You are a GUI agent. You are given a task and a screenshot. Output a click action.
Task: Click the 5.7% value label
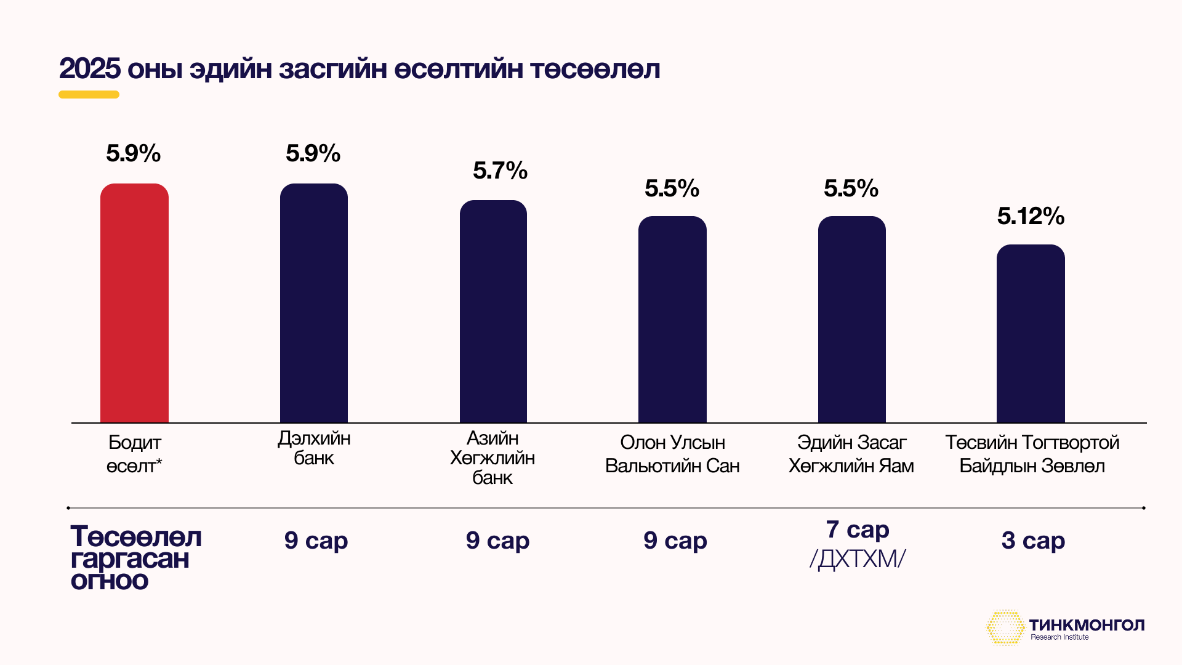[x=500, y=171]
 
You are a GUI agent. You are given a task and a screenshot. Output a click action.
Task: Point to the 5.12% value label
[x=1031, y=216]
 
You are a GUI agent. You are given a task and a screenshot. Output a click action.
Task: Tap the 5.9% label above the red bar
[x=133, y=153]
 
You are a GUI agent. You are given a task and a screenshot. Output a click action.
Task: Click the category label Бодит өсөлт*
[x=134, y=454]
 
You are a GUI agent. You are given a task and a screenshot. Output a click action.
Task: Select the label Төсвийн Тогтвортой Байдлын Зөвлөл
[x=1032, y=454]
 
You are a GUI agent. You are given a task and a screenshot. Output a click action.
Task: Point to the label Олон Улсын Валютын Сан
[x=672, y=454]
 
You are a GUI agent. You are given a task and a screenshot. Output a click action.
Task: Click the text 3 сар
[x=1033, y=541]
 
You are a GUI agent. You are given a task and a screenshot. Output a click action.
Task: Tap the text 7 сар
[x=858, y=530]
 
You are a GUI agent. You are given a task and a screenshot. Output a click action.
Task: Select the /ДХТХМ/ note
[x=858, y=559]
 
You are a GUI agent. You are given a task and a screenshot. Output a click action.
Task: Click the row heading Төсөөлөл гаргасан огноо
[x=135, y=558]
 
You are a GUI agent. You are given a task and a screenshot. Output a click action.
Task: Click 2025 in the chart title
[x=90, y=69]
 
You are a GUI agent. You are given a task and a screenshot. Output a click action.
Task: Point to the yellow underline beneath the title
[x=89, y=95]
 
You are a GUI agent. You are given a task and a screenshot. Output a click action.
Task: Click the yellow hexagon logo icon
[x=1005, y=627]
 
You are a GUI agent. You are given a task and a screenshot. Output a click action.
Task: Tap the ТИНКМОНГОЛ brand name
[x=1087, y=625]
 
